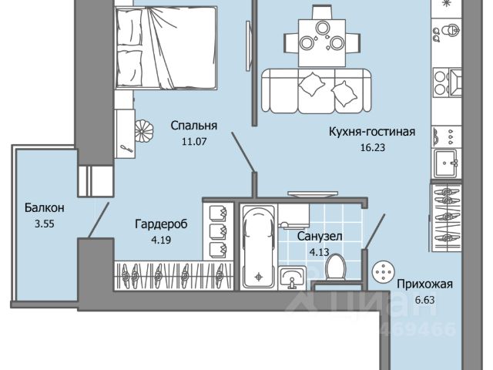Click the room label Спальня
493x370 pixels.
193,126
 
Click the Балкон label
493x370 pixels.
44,208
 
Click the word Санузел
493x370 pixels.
320,237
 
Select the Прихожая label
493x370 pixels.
424,284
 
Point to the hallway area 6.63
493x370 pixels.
424,300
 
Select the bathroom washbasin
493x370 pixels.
293,277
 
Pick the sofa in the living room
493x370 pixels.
316,89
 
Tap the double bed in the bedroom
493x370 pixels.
166,46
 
